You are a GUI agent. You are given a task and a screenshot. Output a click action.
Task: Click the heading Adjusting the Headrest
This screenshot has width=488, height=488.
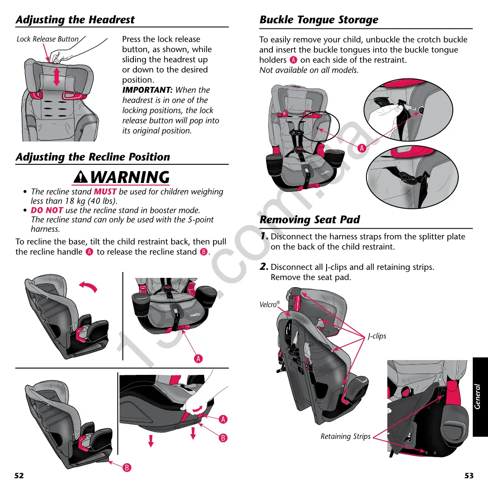click(x=75, y=20)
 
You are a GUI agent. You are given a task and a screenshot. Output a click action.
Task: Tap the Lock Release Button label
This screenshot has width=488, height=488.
click(x=47, y=39)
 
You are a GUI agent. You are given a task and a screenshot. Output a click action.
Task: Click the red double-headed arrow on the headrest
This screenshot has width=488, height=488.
click(x=57, y=77)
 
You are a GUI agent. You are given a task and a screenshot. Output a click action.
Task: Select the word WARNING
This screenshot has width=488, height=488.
click(x=130, y=177)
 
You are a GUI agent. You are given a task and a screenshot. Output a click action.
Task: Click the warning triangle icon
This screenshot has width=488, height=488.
click(x=80, y=177)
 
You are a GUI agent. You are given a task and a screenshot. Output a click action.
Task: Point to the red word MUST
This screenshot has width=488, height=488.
click(x=105, y=191)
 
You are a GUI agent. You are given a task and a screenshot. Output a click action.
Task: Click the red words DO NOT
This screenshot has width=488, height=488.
click(x=47, y=210)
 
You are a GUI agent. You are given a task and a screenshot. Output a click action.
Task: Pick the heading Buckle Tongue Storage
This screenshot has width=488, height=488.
click(x=319, y=20)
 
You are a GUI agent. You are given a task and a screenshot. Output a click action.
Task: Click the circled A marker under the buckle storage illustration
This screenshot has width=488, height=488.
click(x=361, y=148)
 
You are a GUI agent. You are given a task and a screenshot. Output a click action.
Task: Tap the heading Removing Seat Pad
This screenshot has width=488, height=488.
click(x=309, y=219)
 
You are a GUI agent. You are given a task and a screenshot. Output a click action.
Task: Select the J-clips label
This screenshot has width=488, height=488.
click(x=377, y=336)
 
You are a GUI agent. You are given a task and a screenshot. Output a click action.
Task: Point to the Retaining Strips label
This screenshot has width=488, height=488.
click(x=345, y=436)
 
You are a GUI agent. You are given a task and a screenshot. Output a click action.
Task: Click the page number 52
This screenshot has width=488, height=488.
click(x=19, y=475)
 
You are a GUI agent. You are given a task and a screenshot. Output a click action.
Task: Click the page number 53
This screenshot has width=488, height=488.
click(x=469, y=475)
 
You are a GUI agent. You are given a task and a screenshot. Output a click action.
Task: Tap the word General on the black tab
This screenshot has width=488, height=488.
click(x=478, y=396)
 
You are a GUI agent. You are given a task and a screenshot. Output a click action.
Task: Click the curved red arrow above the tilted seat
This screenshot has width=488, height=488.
click(x=89, y=287)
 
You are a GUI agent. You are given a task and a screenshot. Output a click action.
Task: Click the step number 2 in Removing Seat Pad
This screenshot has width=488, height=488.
click(x=263, y=266)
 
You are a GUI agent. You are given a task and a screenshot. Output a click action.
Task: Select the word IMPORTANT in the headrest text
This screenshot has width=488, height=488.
click(x=147, y=90)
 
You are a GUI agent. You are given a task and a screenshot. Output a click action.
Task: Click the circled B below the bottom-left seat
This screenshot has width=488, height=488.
click(x=127, y=468)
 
